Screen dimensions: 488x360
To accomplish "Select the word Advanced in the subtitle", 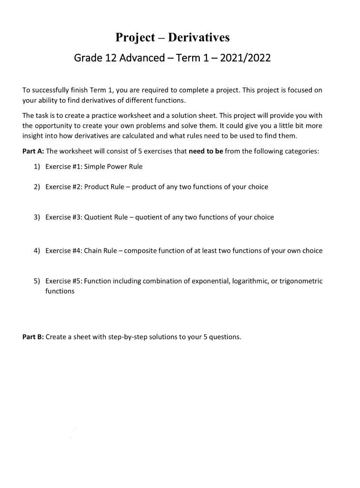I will (x=141, y=59).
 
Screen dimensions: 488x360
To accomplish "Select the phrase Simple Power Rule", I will (x=113, y=167).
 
